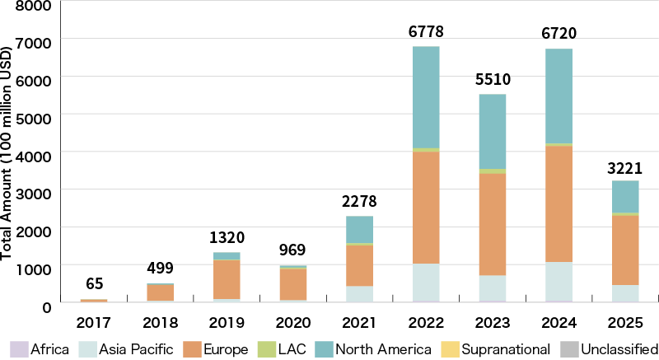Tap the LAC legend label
(290, 349)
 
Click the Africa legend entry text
(49, 349)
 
